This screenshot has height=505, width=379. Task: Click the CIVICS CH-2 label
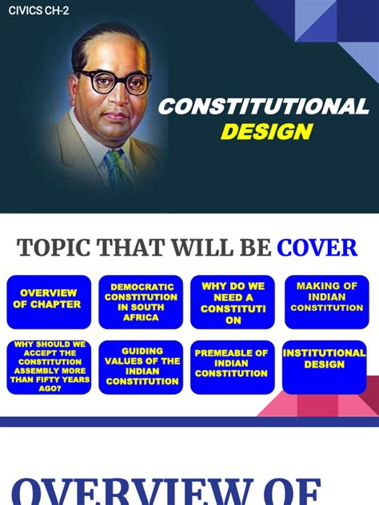tap(39, 10)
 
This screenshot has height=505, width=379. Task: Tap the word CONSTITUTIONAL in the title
tap(263, 107)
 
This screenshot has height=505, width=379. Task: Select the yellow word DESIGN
tap(266, 132)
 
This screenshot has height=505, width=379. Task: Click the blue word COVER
tap(317, 249)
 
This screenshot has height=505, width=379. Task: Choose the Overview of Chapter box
tap(50, 302)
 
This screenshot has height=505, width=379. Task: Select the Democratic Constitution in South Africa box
tap(141, 302)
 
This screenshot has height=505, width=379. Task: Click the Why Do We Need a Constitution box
tap(233, 302)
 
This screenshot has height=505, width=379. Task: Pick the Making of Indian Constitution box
tap(326, 302)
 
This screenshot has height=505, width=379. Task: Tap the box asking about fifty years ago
tap(50, 367)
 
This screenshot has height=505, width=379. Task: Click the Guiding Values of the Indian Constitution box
tap(141, 367)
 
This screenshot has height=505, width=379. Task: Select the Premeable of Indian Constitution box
tap(233, 367)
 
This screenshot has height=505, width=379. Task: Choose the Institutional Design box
tap(325, 367)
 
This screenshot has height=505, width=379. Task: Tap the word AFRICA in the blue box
tap(142, 317)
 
